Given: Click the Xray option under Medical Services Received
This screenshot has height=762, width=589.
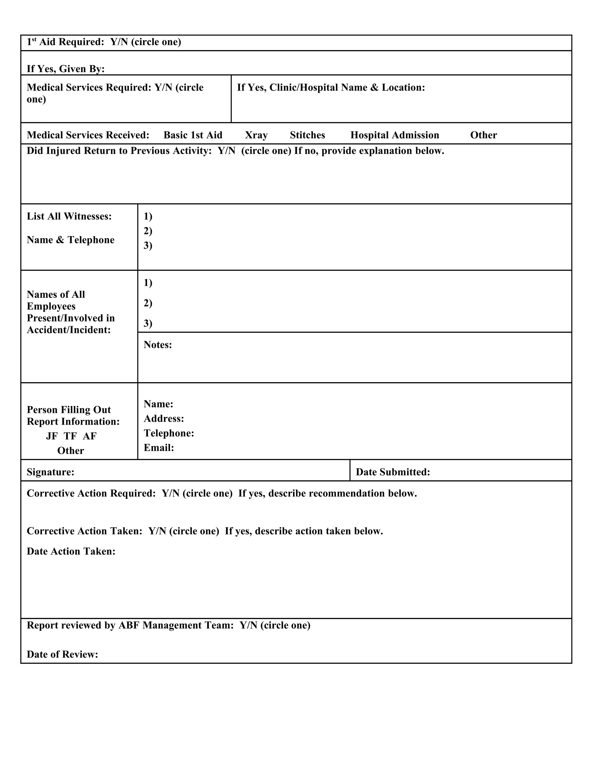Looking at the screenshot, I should click(256, 135).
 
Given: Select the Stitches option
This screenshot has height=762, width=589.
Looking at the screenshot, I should click(307, 135).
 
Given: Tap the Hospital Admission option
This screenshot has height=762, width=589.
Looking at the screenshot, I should click(395, 135).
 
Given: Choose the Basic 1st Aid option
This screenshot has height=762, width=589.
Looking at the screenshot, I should click(193, 135).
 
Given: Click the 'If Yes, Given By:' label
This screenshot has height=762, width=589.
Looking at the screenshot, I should click(66, 69).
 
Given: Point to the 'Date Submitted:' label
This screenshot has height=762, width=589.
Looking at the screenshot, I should click(393, 472).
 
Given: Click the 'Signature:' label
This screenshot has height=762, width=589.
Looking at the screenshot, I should click(50, 472).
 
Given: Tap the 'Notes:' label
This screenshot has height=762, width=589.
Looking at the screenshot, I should click(158, 345).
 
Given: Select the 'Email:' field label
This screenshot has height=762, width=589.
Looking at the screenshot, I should click(159, 448).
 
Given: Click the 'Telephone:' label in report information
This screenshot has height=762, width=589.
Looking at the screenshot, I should click(169, 433).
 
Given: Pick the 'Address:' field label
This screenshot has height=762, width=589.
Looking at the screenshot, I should click(164, 418).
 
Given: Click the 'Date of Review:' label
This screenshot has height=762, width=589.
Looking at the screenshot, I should click(62, 654).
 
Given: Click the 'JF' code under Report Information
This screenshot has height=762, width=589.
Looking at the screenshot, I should click(52, 436).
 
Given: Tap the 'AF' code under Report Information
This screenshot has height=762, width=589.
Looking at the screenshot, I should click(90, 436).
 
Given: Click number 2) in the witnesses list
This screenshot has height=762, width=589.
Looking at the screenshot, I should click(148, 231).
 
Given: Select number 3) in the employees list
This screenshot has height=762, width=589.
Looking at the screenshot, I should click(148, 323).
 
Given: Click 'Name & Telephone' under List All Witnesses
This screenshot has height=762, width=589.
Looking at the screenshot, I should click(70, 240).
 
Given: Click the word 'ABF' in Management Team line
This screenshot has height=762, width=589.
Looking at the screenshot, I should click(129, 625).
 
